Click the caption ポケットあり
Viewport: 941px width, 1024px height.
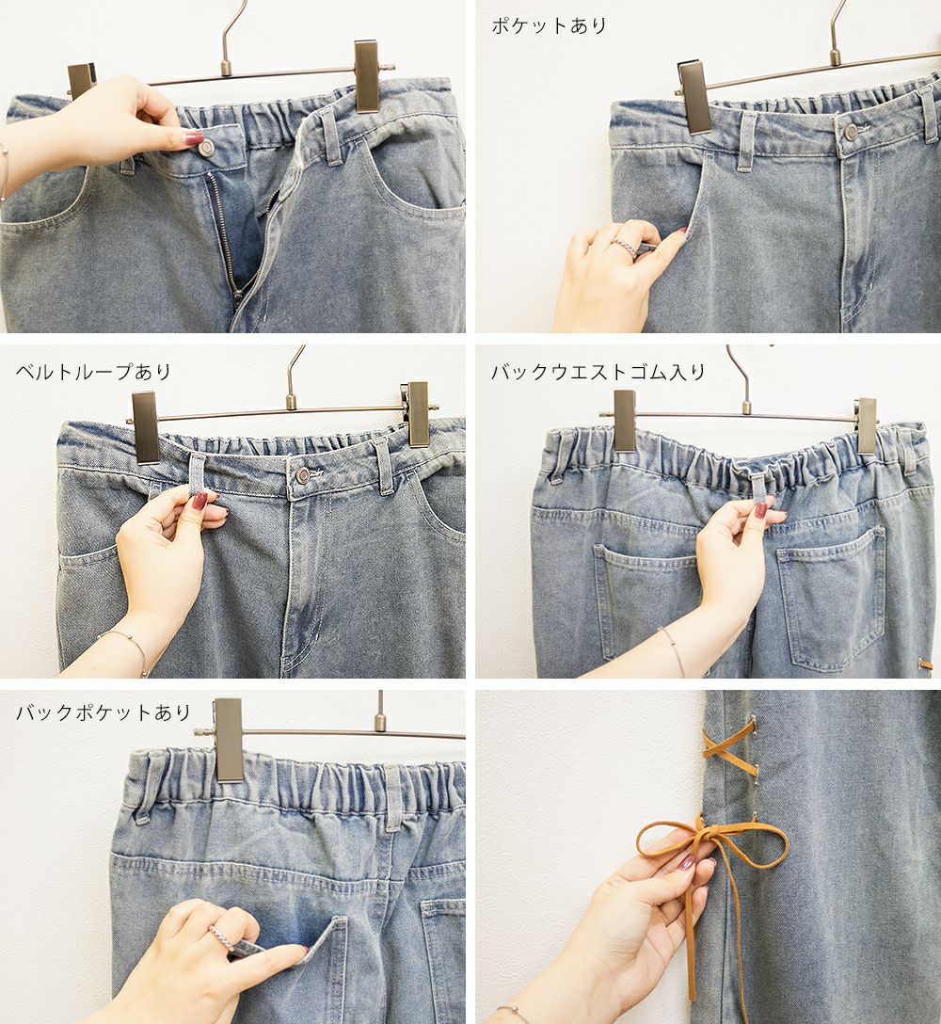coord(549,25)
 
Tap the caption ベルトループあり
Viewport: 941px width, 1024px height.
coord(93,372)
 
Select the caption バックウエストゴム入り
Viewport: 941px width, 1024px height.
coord(598,372)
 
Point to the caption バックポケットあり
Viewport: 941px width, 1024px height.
coord(104,712)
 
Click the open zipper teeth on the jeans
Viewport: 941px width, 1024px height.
coord(222,235)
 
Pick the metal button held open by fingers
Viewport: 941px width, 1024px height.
coord(206,149)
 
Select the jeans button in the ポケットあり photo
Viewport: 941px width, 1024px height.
coord(851,132)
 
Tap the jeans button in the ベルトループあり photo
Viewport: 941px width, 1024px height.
coord(303,474)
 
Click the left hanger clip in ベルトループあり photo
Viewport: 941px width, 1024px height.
coord(145,427)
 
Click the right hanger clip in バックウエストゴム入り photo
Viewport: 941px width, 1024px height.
coord(868,427)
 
